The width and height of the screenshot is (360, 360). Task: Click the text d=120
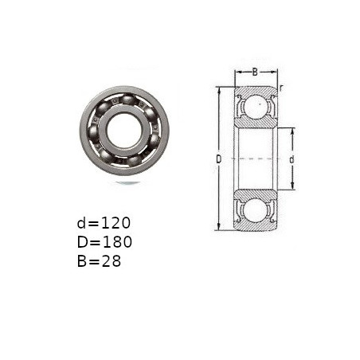click(104, 223)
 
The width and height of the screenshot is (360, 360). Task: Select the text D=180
click(104, 242)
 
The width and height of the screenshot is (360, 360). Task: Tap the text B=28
click(99, 261)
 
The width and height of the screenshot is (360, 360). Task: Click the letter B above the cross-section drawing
click(255, 72)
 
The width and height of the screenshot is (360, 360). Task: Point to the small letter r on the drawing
click(281, 88)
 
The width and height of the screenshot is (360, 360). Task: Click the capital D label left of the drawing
click(218, 159)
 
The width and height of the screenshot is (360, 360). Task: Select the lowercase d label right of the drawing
click(292, 159)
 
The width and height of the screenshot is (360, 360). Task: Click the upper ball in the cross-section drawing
click(256, 106)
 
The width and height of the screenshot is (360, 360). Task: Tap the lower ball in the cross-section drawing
click(256, 210)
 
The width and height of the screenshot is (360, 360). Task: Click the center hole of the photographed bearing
click(123, 130)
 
